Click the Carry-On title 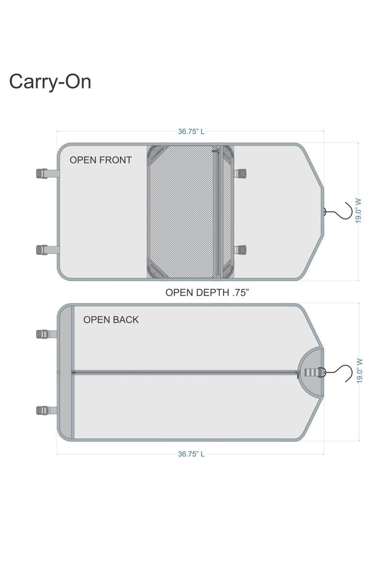coord(50,82)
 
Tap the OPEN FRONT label coord(101,160)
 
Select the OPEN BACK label coord(111,320)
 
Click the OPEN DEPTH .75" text coord(207,292)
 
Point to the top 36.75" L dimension coord(191,131)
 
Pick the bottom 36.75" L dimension coord(191,454)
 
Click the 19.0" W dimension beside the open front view coord(358,211)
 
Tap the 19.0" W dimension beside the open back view coord(359,371)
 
